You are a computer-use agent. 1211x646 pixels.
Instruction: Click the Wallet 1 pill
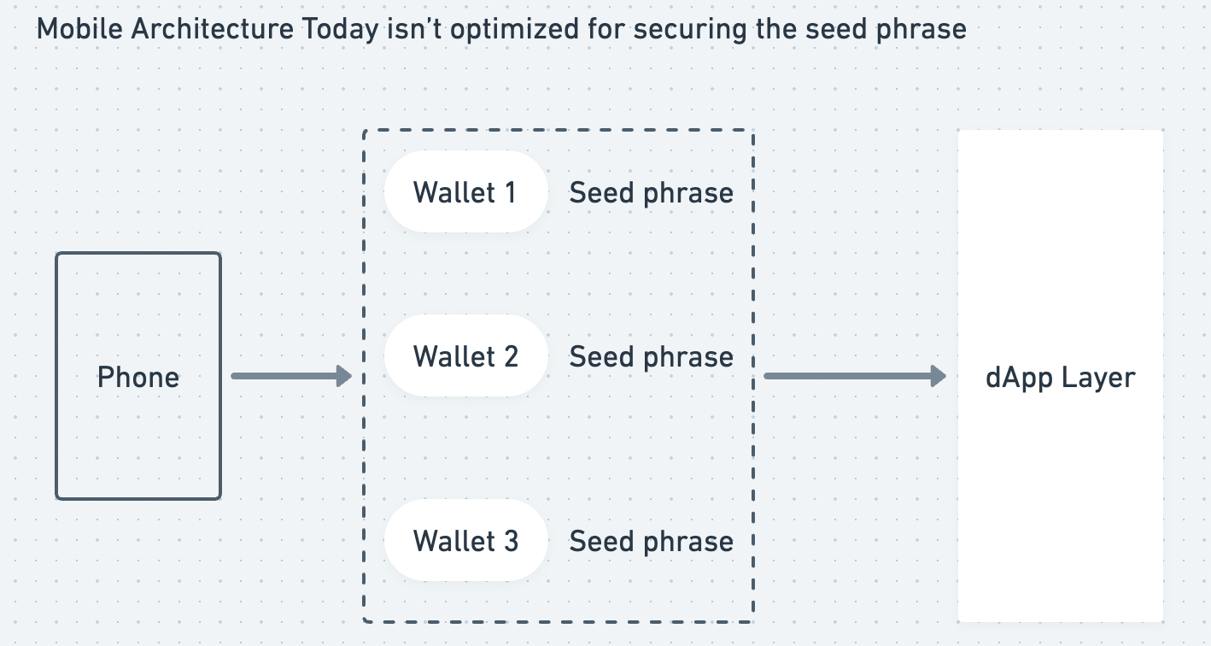click(465, 192)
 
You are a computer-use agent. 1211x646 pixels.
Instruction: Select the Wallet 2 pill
click(465, 356)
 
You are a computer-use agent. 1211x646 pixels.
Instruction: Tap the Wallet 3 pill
click(465, 541)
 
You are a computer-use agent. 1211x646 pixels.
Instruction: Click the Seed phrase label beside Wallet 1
click(651, 193)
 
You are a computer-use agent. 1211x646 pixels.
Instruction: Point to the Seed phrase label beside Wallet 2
click(651, 357)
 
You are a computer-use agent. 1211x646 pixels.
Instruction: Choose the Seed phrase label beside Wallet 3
click(651, 542)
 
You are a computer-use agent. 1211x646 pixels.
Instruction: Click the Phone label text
click(138, 377)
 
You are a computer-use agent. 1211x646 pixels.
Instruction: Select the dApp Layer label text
click(1060, 377)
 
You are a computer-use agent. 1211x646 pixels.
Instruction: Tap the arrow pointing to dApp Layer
click(854, 376)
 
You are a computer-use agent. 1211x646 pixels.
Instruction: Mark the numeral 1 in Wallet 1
click(510, 192)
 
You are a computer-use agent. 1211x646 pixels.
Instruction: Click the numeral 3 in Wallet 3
click(510, 541)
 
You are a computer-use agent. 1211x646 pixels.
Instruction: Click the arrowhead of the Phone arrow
click(344, 376)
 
